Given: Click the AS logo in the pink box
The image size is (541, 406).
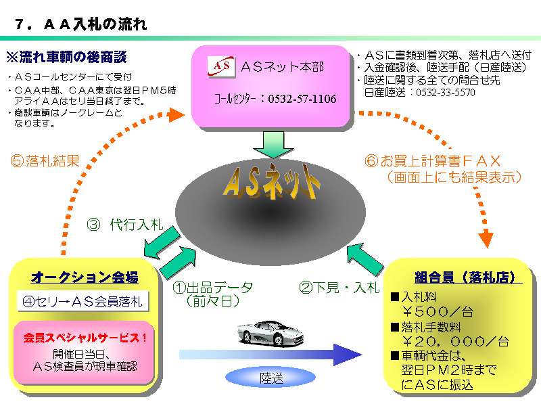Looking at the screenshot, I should [x=220, y=66].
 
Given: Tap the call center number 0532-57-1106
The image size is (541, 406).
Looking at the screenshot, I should [x=302, y=99].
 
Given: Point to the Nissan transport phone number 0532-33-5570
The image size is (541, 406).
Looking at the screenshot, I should [x=445, y=93].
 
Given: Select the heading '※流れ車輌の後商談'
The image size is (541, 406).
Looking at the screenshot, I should [x=66, y=56].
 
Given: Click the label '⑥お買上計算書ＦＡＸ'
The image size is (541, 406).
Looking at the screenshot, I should [x=433, y=161].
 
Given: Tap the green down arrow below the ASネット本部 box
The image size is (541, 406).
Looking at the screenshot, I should [x=273, y=142].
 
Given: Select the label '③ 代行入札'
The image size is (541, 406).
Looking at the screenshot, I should [x=125, y=225].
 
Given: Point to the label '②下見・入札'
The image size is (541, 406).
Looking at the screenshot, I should [x=339, y=288].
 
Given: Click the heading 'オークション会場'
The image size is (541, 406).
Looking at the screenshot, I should [x=85, y=277].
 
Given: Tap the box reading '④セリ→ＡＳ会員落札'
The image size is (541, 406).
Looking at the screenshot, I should [x=83, y=301].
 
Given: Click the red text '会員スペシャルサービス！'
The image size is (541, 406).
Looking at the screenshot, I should [x=85, y=336].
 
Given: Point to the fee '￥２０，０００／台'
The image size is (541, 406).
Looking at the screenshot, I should [x=456, y=342].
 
